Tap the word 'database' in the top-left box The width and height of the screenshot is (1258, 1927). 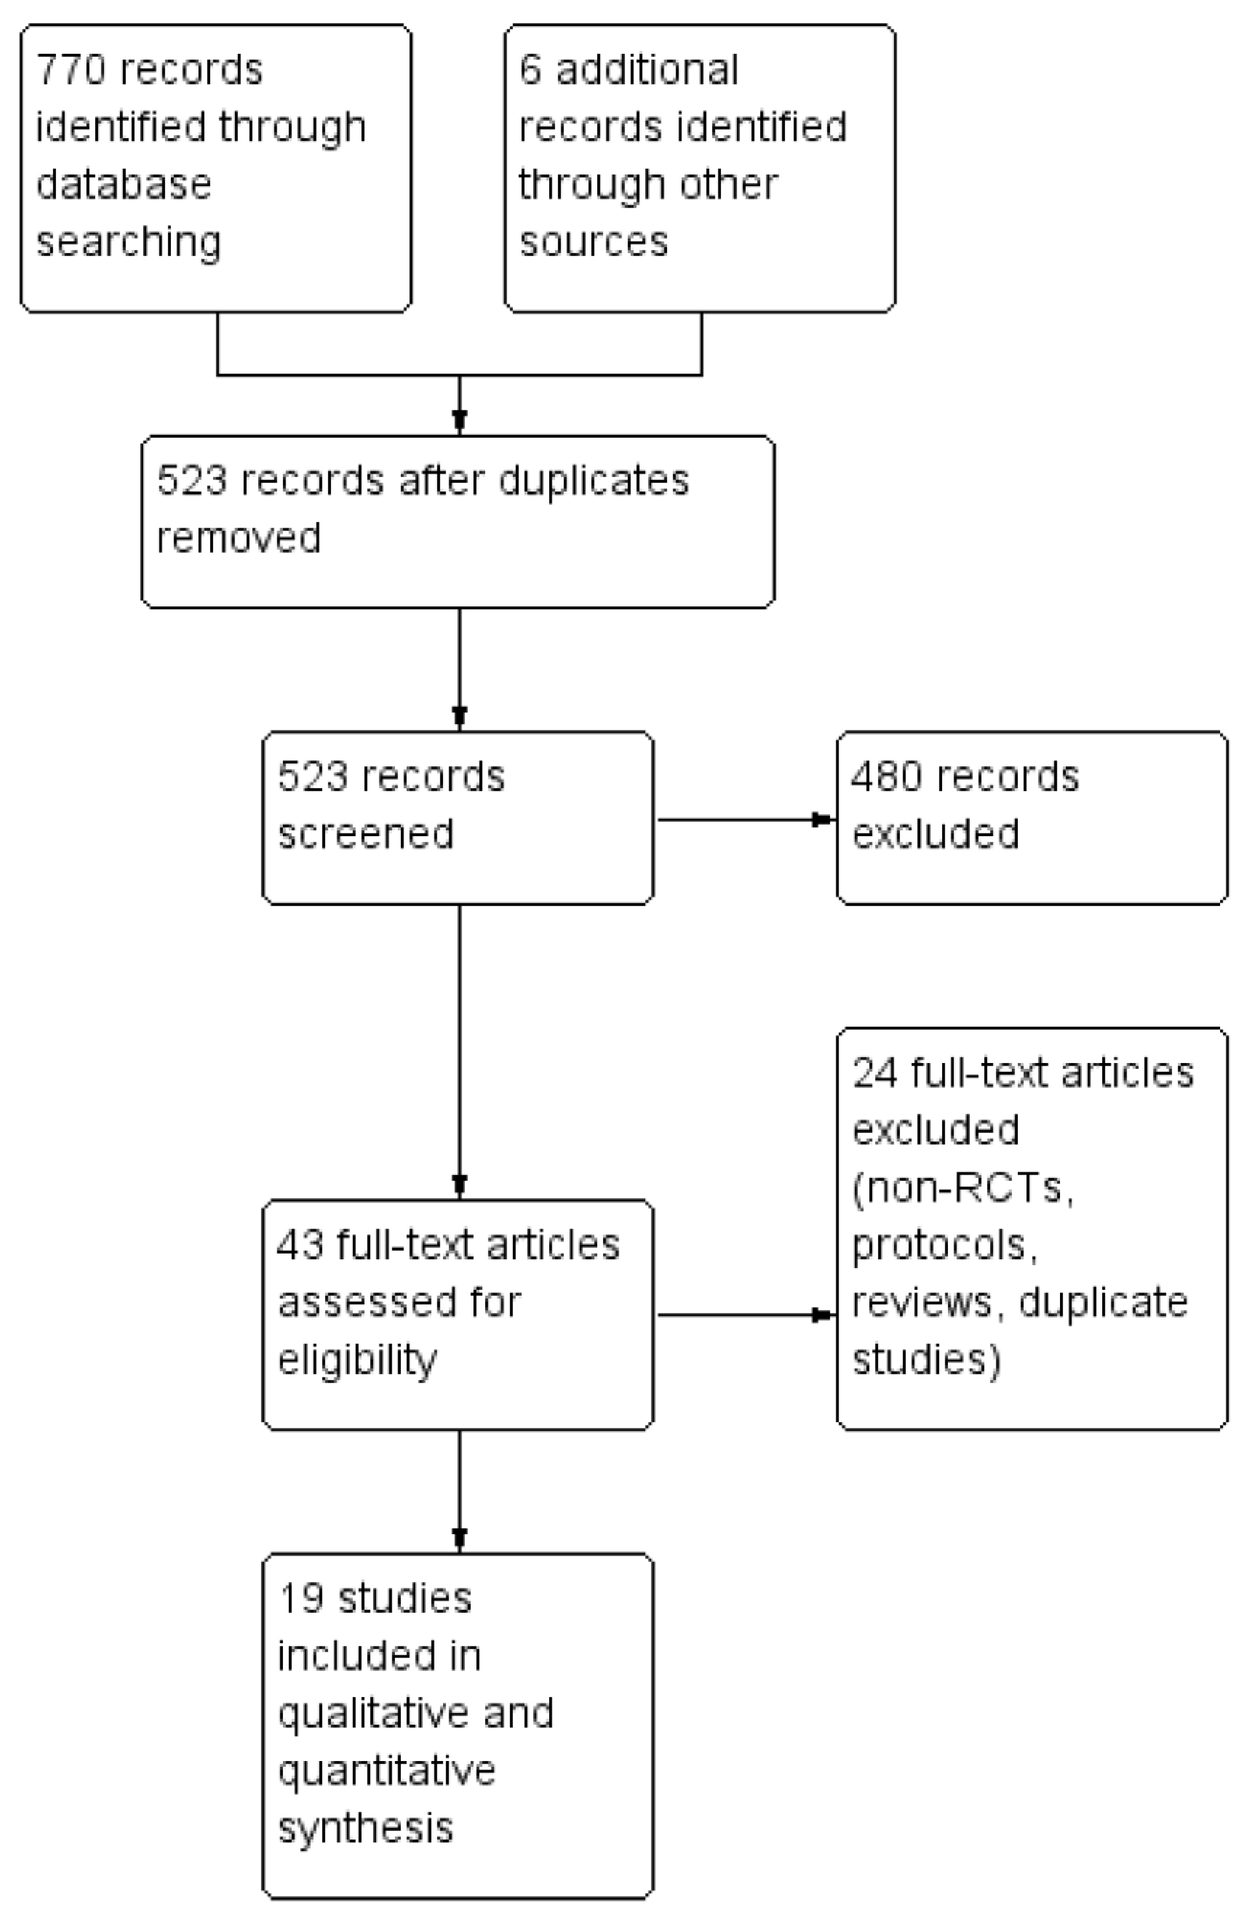point(123,185)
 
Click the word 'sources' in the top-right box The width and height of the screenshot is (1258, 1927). point(593,242)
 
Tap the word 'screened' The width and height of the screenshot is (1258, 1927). point(365,834)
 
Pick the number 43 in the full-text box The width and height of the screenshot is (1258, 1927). point(300,1244)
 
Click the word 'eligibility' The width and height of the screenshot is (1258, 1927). point(357,1360)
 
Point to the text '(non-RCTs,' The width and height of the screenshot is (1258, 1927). point(962,1188)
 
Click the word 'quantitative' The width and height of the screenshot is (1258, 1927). point(386,1771)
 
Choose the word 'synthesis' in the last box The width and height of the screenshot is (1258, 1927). point(365,1828)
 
